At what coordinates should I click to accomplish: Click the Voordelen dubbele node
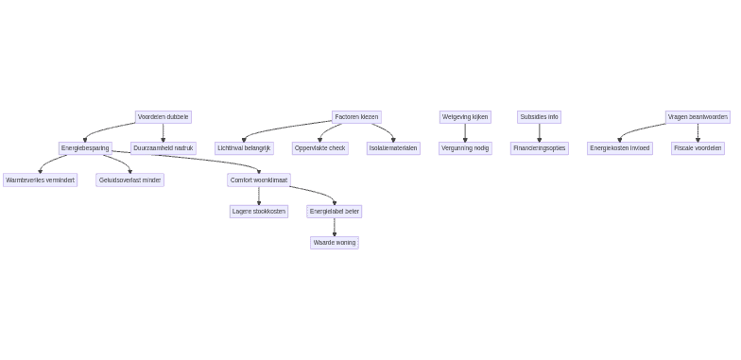163,117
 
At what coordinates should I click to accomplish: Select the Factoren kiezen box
356,117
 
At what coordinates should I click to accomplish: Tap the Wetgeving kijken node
465,117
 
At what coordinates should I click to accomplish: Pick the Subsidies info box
539,117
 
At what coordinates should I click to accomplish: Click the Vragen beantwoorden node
698,117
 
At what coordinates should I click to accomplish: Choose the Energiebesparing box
85,148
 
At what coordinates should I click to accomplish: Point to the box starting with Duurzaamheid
163,148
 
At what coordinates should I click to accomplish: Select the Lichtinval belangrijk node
244,148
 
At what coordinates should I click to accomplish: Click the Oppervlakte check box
319,148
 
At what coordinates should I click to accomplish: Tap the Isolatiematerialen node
393,148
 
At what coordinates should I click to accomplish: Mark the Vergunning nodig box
465,148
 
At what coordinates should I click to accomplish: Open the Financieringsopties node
539,148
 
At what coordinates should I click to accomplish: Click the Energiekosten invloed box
620,148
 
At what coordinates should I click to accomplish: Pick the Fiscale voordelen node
698,148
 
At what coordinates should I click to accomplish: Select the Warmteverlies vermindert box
40,180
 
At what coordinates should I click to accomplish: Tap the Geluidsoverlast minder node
129,180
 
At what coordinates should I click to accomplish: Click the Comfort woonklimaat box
259,180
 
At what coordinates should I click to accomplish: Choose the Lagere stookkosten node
259,212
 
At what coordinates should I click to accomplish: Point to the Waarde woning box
335,243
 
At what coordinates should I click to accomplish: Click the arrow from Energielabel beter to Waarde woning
335,228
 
